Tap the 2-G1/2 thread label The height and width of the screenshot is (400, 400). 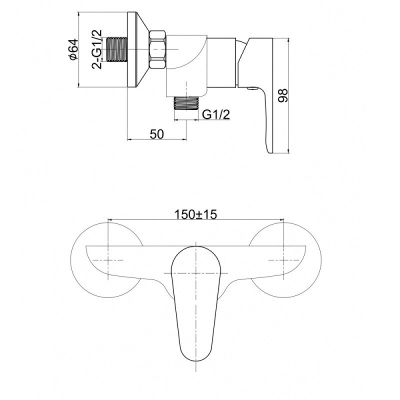pos(97,49)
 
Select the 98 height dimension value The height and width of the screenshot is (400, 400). pos(282,95)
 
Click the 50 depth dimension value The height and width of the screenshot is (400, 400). pos(156,134)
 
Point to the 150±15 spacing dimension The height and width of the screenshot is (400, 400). pos(195,214)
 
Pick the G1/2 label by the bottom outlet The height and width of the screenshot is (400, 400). pos(216,114)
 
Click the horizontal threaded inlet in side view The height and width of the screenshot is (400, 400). pos(116,49)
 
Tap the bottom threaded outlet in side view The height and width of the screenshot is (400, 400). pos(186,103)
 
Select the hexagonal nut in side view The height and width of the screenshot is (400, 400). pos(157,49)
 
